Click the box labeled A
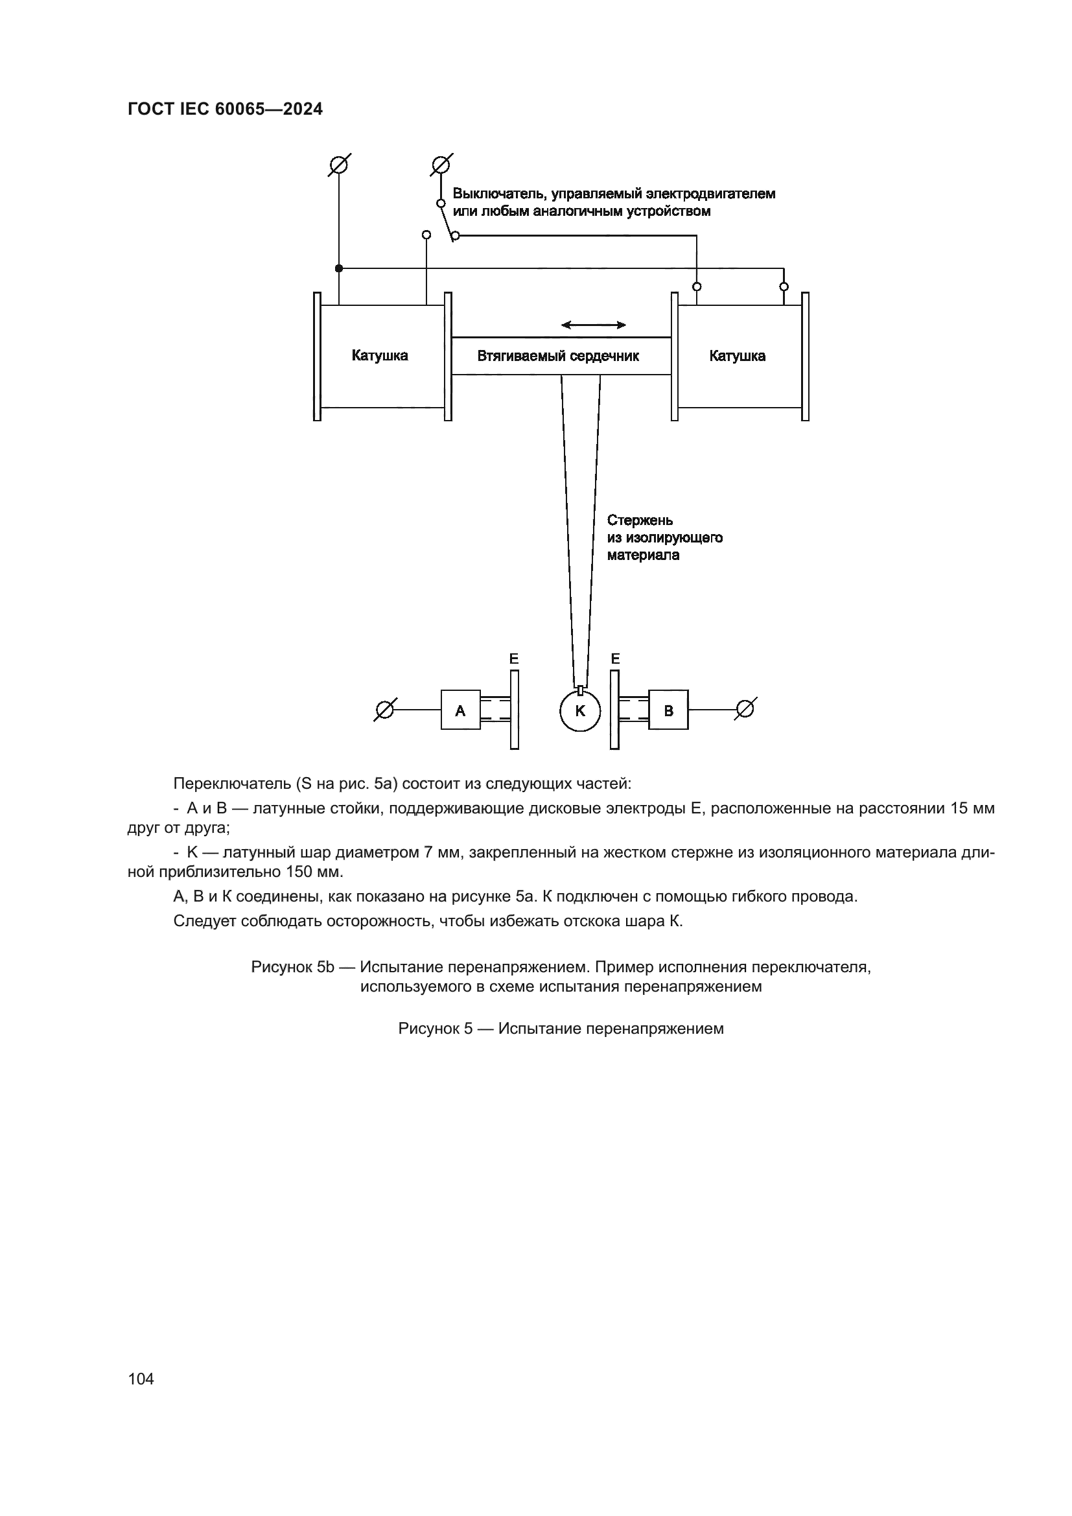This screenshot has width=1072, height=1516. click(460, 710)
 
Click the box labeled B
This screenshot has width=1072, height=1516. click(668, 710)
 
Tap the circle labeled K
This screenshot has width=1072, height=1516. click(580, 711)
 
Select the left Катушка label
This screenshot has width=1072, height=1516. click(380, 356)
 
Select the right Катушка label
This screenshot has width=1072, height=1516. click(738, 356)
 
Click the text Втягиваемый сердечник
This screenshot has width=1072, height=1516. click(558, 356)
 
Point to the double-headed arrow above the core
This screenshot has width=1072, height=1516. click(594, 325)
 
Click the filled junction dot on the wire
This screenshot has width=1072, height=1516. click(338, 268)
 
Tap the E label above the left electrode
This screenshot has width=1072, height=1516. click(514, 659)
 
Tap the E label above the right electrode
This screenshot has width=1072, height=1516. click(615, 659)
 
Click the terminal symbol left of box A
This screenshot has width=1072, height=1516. click(384, 710)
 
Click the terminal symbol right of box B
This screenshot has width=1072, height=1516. click(745, 709)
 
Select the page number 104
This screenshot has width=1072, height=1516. click(141, 1379)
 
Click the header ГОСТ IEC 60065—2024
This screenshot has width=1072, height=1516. click(225, 110)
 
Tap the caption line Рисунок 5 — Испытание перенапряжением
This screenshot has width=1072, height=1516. click(561, 1029)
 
